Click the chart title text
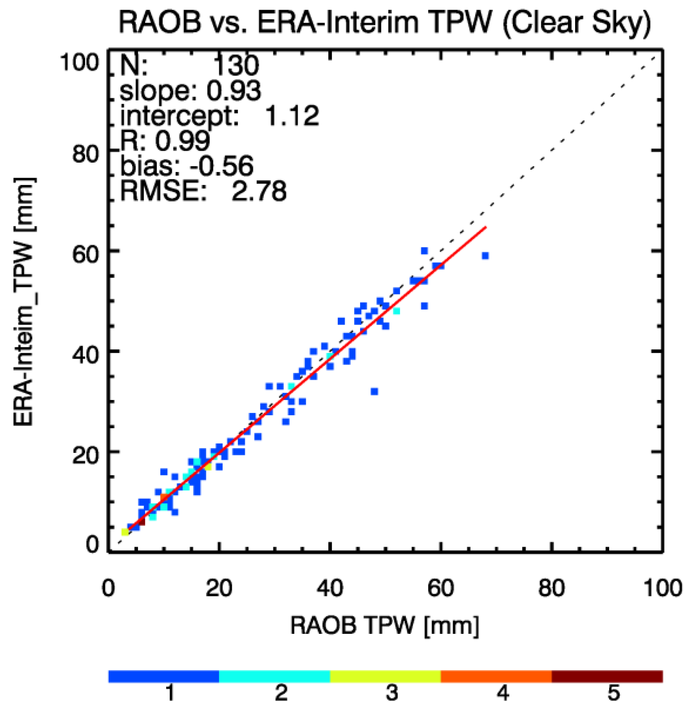click(x=385, y=22)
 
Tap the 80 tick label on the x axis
click(x=551, y=588)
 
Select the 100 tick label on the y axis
click(x=80, y=63)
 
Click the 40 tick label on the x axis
click(x=330, y=588)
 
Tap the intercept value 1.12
click(x=292, y=116)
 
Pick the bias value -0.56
click(x=221, y=166)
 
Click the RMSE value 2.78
click(x=259, y=191)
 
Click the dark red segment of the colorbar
click(x=607, y=676)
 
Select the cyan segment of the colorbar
click(x=274, y=676)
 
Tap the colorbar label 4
click(x=502, y=693)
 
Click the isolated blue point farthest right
click(x=485, y=256)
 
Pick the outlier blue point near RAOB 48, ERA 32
click(x=374, y=391)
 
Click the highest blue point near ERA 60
click(x=424, y=251)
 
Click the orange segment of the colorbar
click(x=496, y=676)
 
